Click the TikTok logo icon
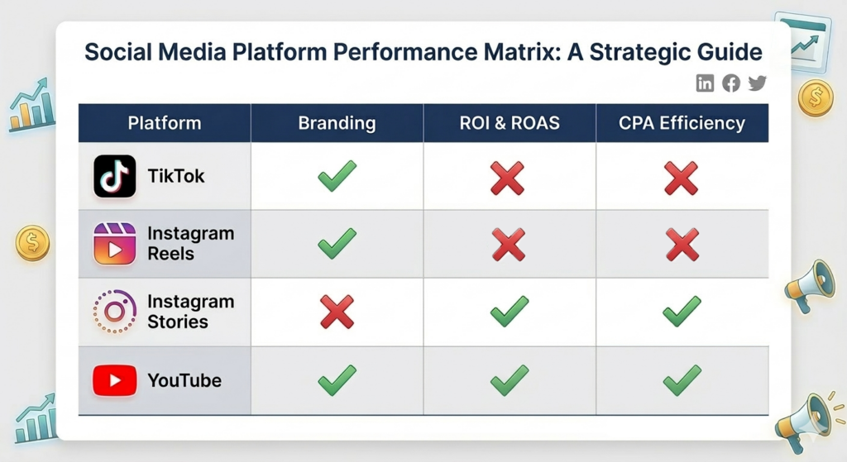click(115, 176)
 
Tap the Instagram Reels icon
click(115, 244)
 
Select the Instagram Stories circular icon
click(115, 312)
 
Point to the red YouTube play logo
click(115, 381)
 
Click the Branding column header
click(337, 124)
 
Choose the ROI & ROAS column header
click(510, 124)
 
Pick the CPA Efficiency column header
click(682, 124)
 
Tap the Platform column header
click(165, 124)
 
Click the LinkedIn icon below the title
click(705, 83)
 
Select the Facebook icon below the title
click(731, 83)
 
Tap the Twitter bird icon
click(757, 83)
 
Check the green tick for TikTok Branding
click(337, 176)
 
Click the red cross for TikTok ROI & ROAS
click(509, 177)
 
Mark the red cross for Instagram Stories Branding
click(337, 312)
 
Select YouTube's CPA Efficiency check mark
click(682, 380)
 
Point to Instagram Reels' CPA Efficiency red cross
click(682, 245)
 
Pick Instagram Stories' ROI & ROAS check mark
click(509, 312)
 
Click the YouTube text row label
click(184, 381)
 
